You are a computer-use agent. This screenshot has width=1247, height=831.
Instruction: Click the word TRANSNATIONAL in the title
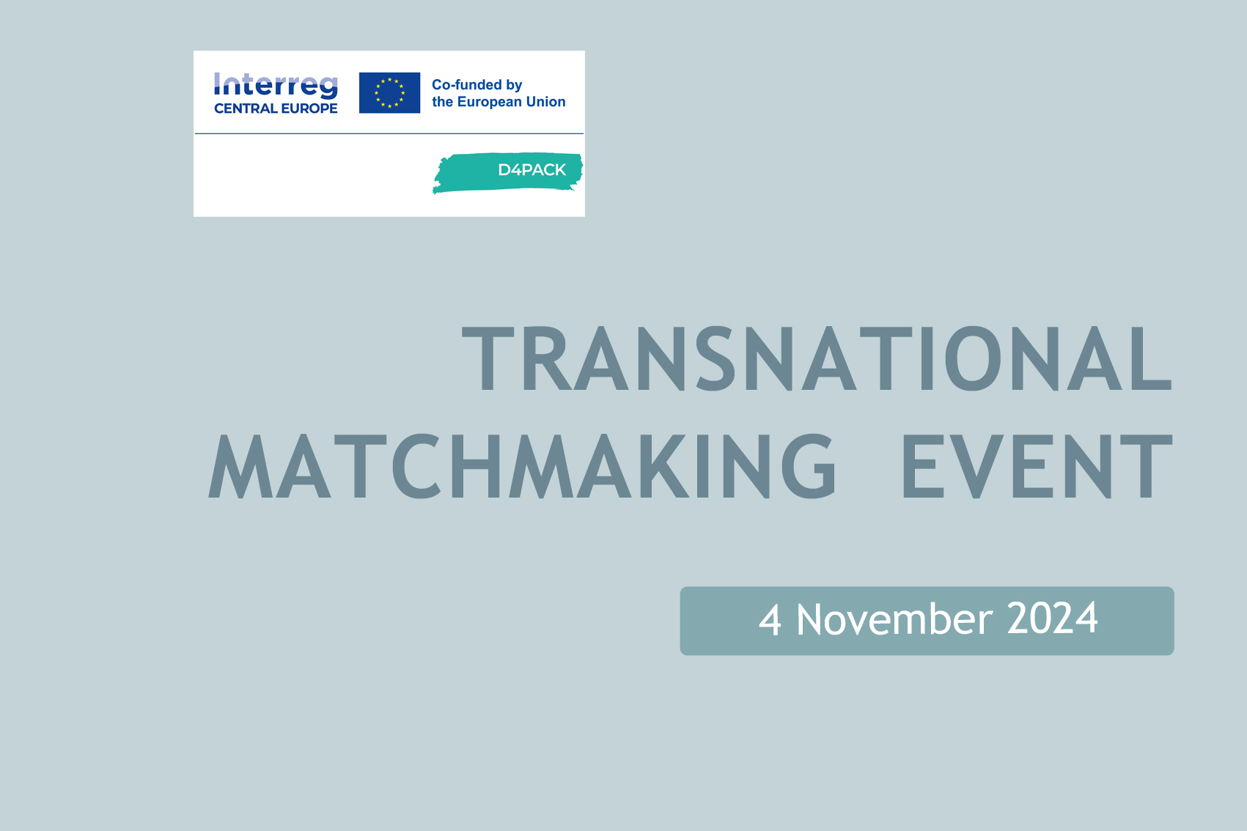(817, 359)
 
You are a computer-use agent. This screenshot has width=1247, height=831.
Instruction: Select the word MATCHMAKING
(522, 466)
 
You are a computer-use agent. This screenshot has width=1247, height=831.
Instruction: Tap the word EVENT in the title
(1037, 466)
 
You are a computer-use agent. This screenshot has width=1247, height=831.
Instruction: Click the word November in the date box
(894, 619)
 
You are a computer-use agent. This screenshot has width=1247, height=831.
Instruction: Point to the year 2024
(1052, 618)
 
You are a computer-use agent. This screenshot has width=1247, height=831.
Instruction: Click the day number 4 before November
(770, 619)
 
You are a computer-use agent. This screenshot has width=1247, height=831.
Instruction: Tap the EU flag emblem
(390, 93)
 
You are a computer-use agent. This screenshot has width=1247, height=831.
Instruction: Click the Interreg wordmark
(276, 86)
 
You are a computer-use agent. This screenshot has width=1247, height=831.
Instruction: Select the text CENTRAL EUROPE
(276, 108)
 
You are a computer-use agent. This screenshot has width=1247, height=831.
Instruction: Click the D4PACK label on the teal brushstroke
(531, 170)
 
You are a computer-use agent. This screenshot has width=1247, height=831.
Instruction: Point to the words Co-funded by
(477, 84)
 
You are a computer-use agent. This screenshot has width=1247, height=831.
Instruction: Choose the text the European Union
(499, 102)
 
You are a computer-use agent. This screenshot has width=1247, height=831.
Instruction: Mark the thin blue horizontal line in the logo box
(389, 133)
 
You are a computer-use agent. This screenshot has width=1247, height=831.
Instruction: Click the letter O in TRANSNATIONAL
(973, 359)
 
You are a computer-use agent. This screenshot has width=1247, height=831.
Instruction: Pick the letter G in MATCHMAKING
(809, 466)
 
